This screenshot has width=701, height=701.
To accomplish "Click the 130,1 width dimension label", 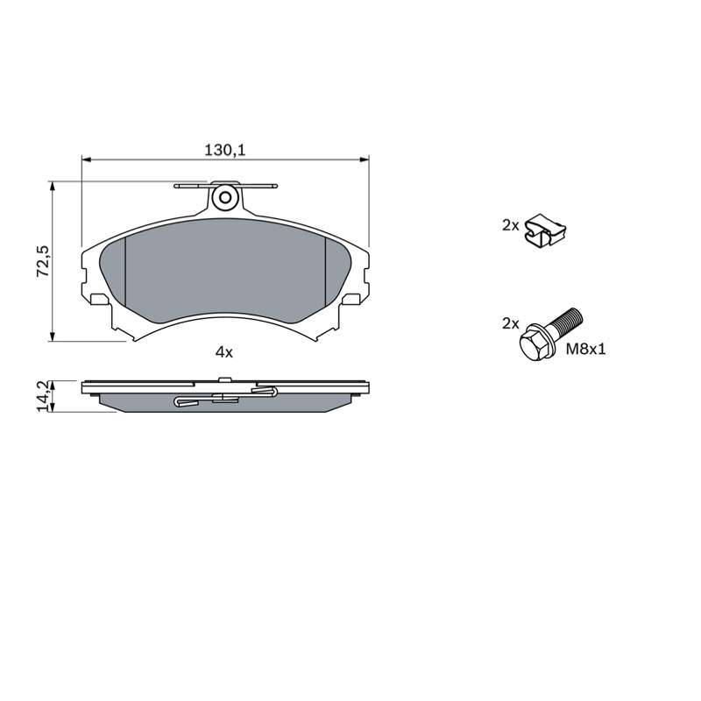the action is pyautogui.click(x=225, y=150).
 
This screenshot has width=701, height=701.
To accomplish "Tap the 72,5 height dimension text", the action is pyautogui.click(x=44, y=260).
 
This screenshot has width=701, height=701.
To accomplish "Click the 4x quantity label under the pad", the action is pyautogui.click(x=224, y=353).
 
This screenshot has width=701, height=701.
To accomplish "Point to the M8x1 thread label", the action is pyautogui.click(x=585, y=349).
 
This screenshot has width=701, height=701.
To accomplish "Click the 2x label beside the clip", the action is pyautogui.click(x=510, y=226).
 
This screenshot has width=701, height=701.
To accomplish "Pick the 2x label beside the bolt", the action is pyautogui.click(x=510, y=323).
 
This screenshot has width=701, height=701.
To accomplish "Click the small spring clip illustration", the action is pyautogui.click(x=545, y=230).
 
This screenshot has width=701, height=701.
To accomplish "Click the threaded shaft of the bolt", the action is pyautogui.click(x=566, y=323).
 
